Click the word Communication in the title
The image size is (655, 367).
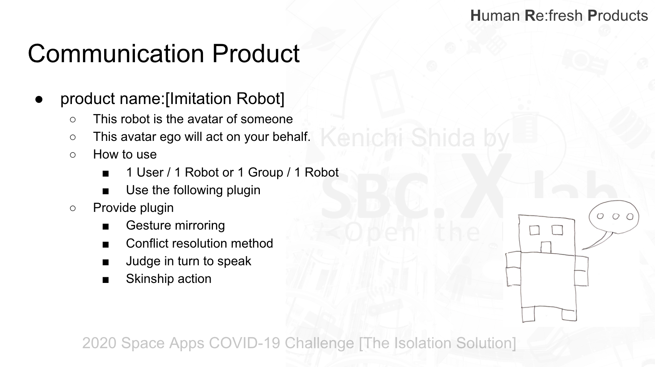[x=116, y=53]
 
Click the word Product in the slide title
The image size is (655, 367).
[x=256, y=53]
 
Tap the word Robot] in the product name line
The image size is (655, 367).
[x=260, y=98]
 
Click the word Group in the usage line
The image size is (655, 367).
[x=266, y=172]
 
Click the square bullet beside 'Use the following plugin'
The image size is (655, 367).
[x=106, y=191]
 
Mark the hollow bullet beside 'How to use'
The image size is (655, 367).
[x=73, y=155]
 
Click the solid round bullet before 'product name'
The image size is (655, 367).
[x=38, y=99]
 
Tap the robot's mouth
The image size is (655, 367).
[x=545, y=247]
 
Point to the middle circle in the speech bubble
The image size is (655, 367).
[x=615, y=217]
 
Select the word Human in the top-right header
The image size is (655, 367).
[x=495, y=15]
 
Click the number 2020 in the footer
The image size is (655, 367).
[x=100, y=343]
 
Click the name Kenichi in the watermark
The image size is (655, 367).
[x=362, y=138]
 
